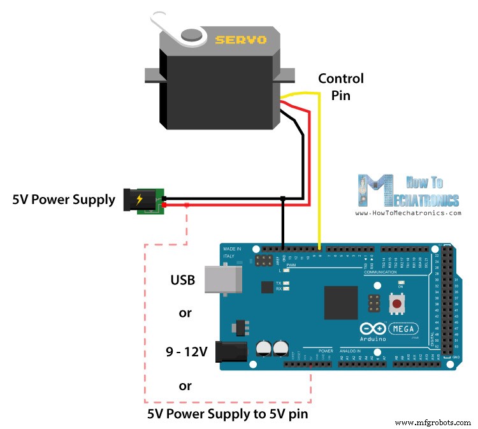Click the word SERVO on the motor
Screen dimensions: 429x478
pyautogui.click(x=241, y=40)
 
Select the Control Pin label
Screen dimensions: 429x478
pyautogui.click(x=340, y=86)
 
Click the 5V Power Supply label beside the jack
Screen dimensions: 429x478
pyautogui.click(x=64, y=200)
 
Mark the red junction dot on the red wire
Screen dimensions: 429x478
pyautogui.click(x=187, y=205)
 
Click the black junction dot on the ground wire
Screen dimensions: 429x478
pyautogui.click(x=282, y=199)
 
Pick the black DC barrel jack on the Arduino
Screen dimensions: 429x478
pyautogui.click(x=231, y=351)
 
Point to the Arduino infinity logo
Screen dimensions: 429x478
pyautogui.click(x=372, y=328)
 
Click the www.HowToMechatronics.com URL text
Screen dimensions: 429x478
pyautogui.click(x=409, y=212)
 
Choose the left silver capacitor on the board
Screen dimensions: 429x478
pyautogui.click(x=263, y=347)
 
